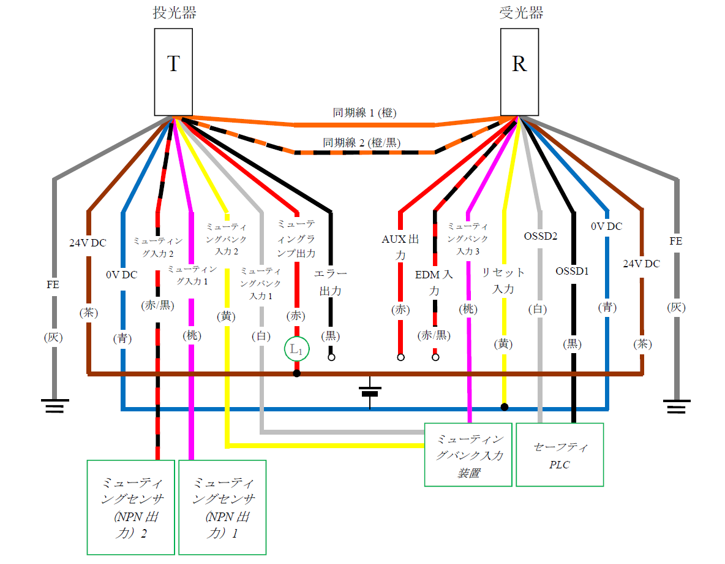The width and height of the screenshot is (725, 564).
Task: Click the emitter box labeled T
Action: (174, 72)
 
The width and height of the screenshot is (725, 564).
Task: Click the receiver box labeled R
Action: (519, 72)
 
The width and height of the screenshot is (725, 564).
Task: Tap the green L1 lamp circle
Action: (297, 350)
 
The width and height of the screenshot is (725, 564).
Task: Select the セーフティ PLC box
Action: (560, 454)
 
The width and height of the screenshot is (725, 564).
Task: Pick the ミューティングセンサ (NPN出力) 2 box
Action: (131, 507)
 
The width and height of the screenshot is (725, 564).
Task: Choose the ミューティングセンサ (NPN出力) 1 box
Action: (222, 507)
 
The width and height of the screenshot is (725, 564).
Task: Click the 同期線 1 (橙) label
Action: (365, 113)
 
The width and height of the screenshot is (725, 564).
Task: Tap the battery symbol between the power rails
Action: (370, 392)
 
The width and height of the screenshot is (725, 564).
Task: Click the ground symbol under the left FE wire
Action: (54, 406)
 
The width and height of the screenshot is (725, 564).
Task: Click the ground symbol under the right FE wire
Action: (677, 406)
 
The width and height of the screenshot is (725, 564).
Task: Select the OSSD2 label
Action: (540, 236)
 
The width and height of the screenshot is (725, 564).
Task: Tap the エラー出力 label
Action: (331, 282)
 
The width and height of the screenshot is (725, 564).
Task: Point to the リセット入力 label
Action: (503, 280)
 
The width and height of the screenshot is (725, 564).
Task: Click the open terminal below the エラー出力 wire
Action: (331, 357)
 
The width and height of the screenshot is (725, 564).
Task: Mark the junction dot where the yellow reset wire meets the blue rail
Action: (505, 406)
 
